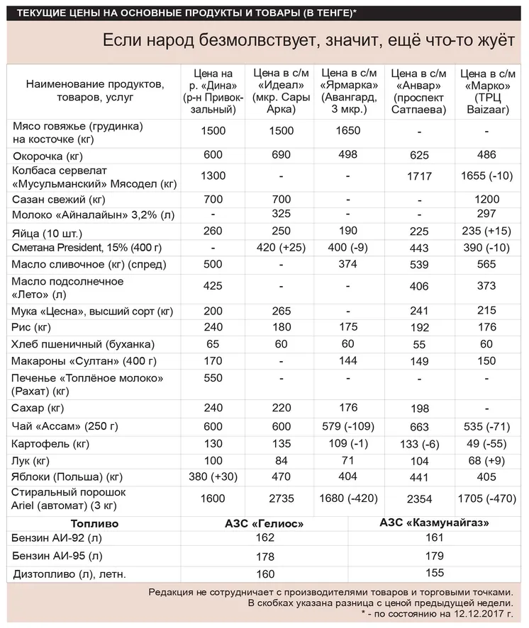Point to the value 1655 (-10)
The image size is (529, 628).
coord(487,176)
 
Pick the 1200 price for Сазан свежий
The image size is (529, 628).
coord(487,200)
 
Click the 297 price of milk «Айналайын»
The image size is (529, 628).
coord(487,215)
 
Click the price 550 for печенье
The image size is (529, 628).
coord(213,377)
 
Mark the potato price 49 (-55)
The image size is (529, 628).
coord(487,444)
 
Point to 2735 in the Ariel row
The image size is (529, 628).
coord(281,498)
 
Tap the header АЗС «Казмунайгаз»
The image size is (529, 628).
coord(435,523)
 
